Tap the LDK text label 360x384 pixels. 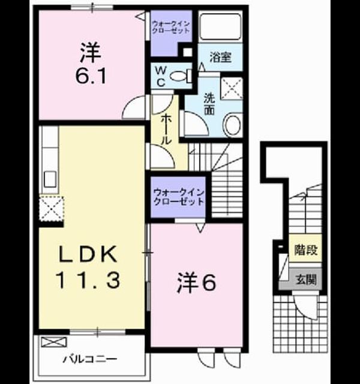(x=88, y=254)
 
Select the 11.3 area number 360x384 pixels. (x=88, y=280)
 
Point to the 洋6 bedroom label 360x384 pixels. (x=196, y=283)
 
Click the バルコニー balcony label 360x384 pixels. (x=90, y=359)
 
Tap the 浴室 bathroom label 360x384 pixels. (x=220, y=57)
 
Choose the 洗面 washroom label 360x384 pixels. (x=209, y=104)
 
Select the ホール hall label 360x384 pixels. (x=166, y=129)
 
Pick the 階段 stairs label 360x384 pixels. (x=306, y=250)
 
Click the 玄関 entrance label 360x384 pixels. (x=306, y=280)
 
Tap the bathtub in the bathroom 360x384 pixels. (x=220, y=26)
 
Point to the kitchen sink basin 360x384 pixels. (x=50, y=179)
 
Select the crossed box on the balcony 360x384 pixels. (x=54, y=342)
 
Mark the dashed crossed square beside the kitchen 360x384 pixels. (x=52, y=208)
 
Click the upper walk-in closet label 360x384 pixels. (x=170, y=27)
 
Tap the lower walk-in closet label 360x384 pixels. (x=179, y=197)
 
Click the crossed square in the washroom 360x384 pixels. (x=232, y=88)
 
